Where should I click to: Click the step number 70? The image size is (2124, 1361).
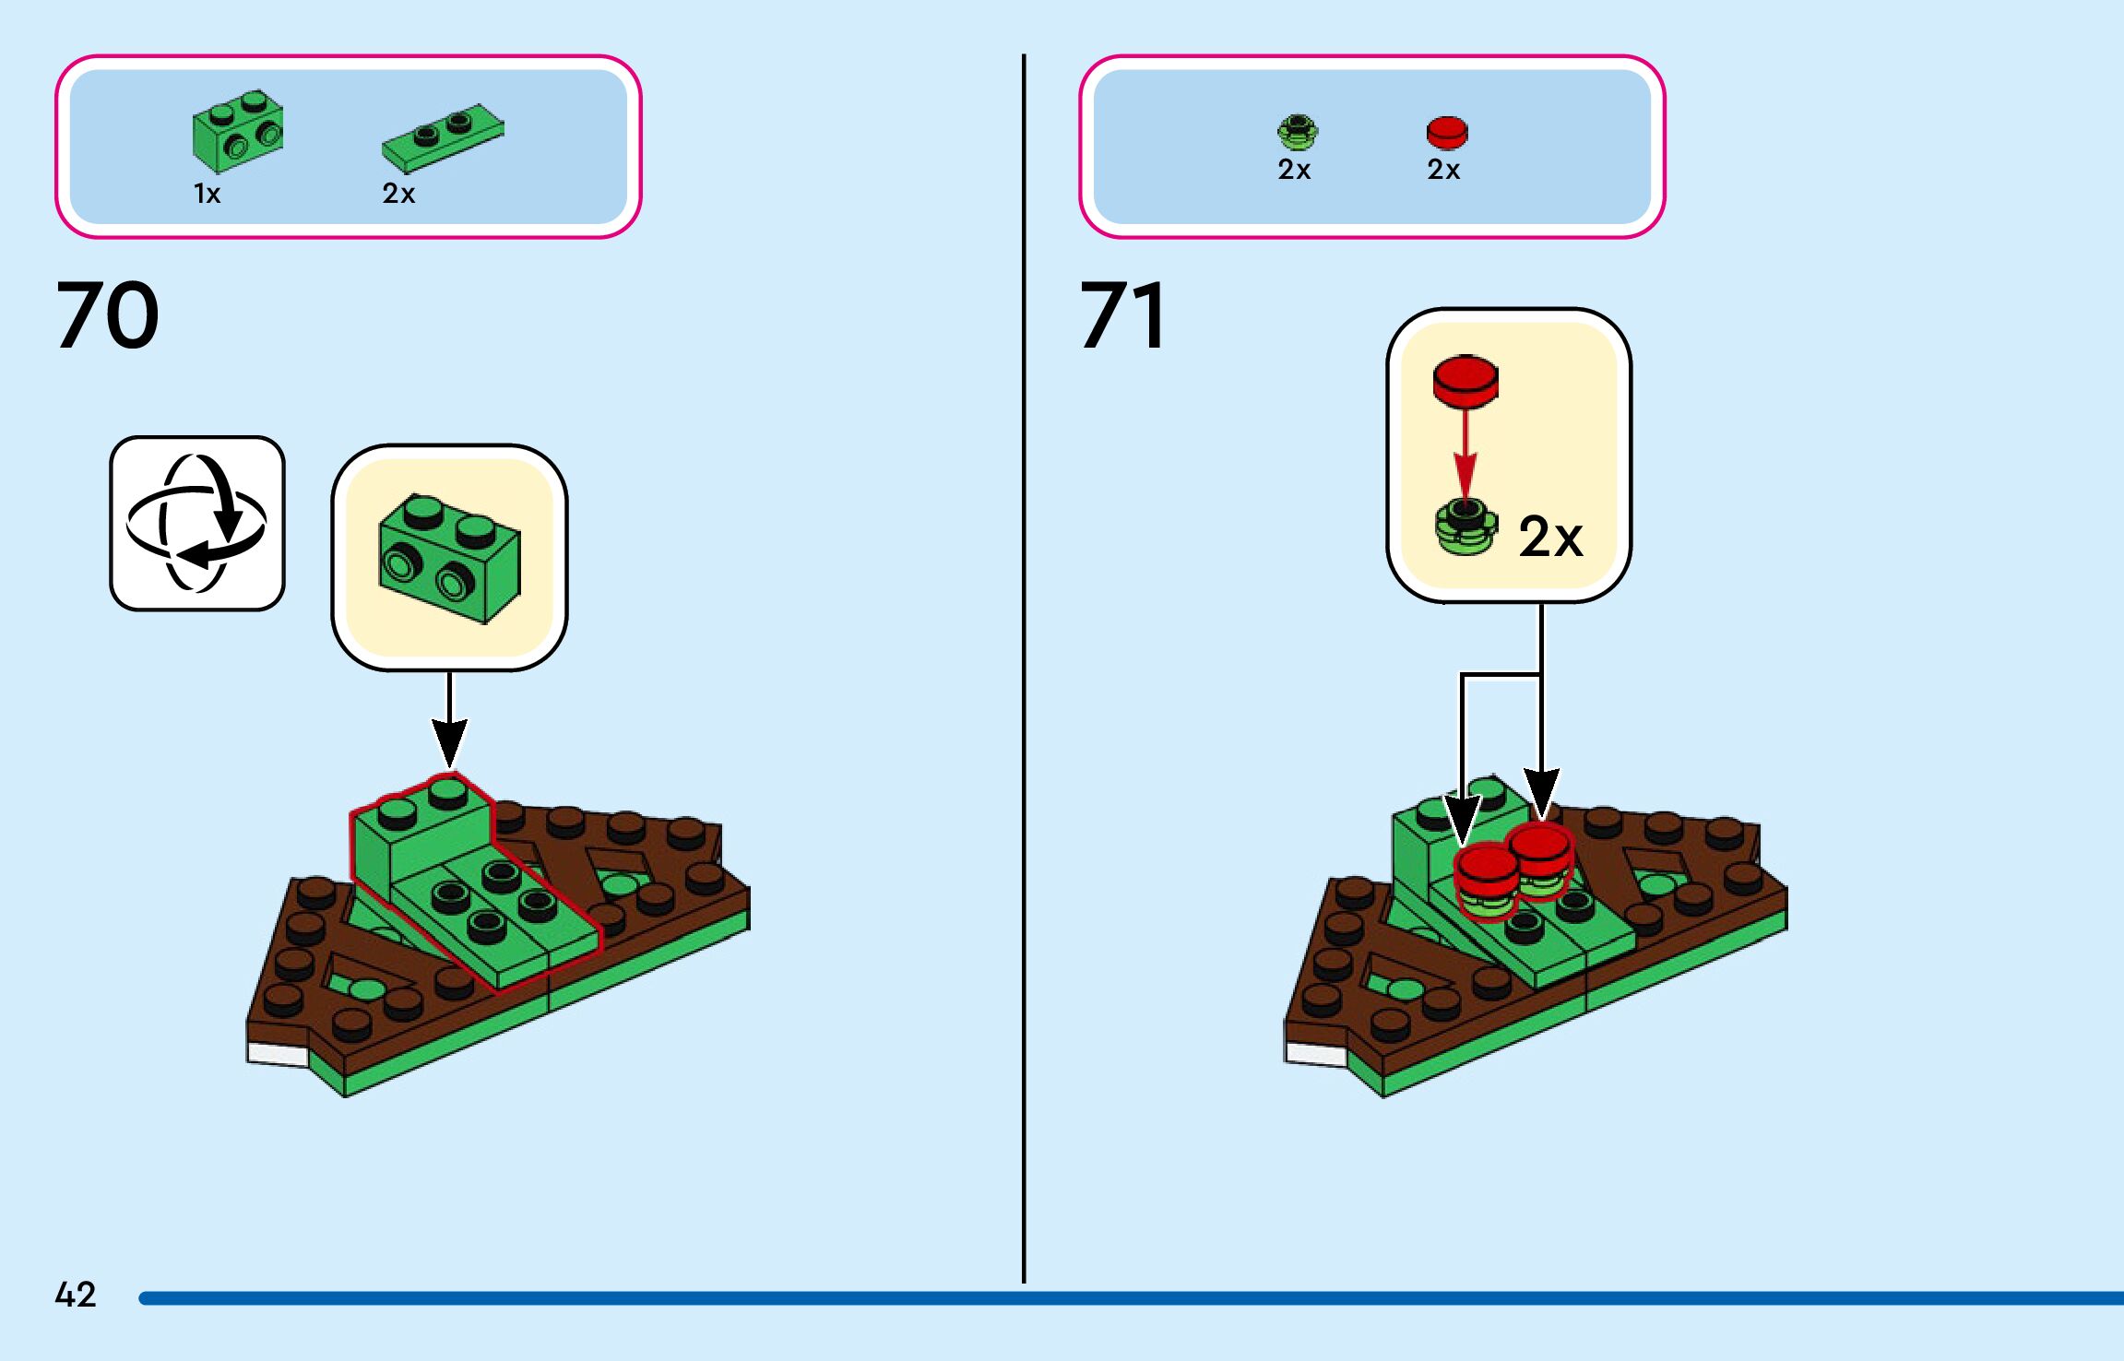(x=108, y=315)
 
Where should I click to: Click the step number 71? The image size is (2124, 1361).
(x=1123, y=315)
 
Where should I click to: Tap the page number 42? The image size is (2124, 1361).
(x=76, y=1295)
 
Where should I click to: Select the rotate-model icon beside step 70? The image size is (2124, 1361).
(x=197, y=523)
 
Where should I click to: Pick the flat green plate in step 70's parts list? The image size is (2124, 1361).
(x=443, y=137)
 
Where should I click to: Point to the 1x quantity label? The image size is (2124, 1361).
(x=208, y=194)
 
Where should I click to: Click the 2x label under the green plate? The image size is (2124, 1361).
(x=398, y=194)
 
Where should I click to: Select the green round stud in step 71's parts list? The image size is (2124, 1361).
(x=1298, y=133)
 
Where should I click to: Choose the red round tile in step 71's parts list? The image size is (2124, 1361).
(x=1446, y=132)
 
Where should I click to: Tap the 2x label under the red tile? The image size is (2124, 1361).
(x=1443, y=170)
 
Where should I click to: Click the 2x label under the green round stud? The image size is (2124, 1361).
(x=1294, y=170)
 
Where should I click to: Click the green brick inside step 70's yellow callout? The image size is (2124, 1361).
(x=449, y=559)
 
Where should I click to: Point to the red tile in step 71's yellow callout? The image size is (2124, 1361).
(x=1465, y=381)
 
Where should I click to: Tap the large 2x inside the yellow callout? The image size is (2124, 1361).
(x=1550, y=537)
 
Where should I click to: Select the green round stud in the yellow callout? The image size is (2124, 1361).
(x=1465, y=527)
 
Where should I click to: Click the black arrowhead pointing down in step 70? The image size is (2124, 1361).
(x=449, y=742)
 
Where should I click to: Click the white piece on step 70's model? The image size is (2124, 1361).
(x=278, y=1054)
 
